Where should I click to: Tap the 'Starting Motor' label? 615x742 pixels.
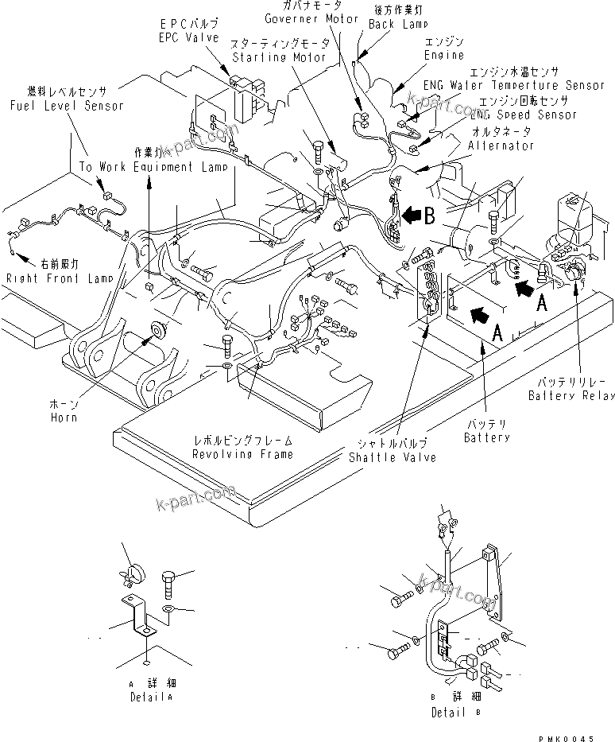click(268, 57)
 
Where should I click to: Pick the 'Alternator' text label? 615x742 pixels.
click(501, 146)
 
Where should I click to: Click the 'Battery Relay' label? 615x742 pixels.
click(571, 395)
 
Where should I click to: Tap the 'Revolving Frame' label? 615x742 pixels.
click(242, 453)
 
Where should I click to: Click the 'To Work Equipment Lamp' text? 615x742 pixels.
click(153, 167)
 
